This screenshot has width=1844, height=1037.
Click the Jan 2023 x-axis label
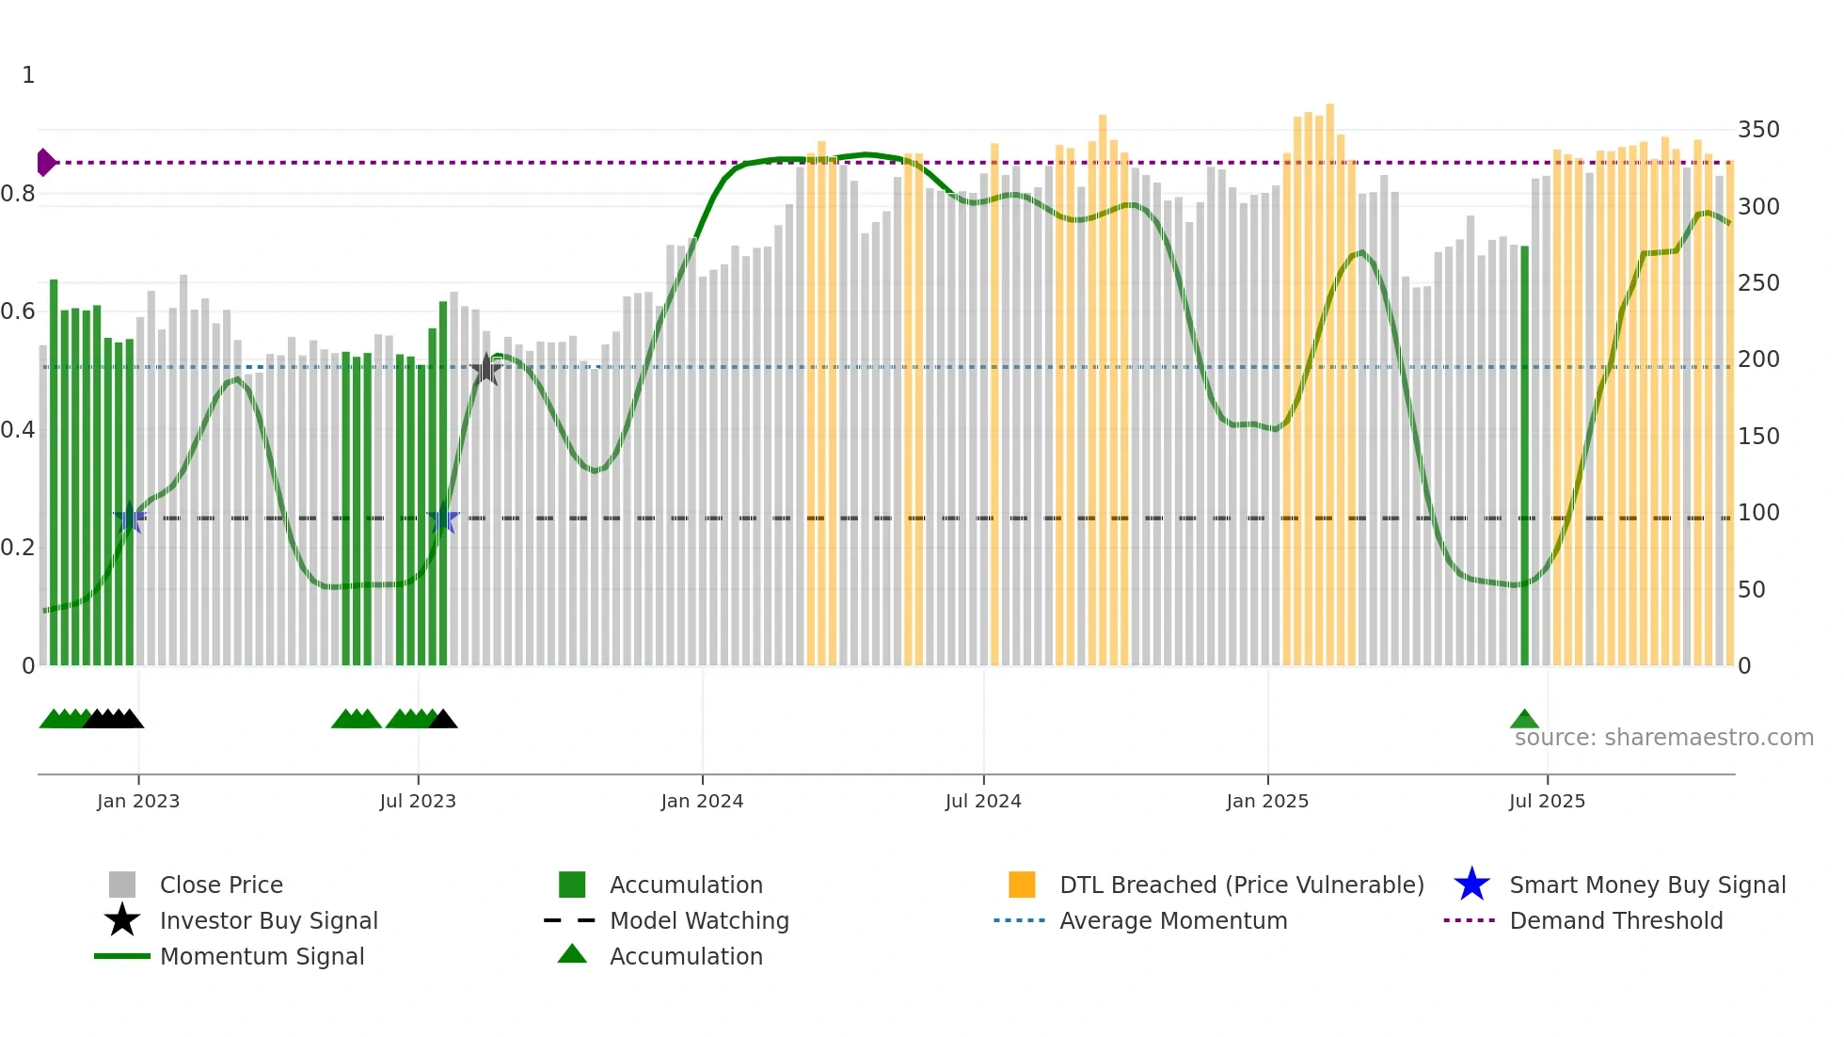click(137, 801)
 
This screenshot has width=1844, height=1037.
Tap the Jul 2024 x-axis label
click(983, 801)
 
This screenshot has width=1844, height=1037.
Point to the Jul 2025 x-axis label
click(1547, 801)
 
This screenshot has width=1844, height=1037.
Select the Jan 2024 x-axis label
click(702, 801)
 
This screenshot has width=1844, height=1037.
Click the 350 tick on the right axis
click(1757, 130)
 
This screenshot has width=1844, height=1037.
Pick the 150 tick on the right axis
click(1757, 436)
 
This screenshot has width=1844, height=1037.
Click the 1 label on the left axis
click(28, 75)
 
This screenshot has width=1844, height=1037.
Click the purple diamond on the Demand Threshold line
click(45, 163)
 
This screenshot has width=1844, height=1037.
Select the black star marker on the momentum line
click(485, 370)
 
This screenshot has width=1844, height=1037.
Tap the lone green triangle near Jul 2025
click(1524, 720)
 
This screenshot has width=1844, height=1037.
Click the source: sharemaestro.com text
click(1663, 738)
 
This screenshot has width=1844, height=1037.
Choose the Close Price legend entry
click(221, 885)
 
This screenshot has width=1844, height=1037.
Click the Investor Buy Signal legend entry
click(268, 920)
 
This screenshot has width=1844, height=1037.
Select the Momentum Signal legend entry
click(262, 956)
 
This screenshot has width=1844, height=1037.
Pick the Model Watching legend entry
click(699, 920)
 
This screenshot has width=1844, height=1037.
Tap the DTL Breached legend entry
click(1241, 885)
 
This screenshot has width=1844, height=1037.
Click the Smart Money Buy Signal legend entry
click(1646, 885)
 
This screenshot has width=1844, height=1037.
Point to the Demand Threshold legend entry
click(1615, 920)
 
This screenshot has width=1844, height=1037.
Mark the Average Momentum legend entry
click(1172, 920)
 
